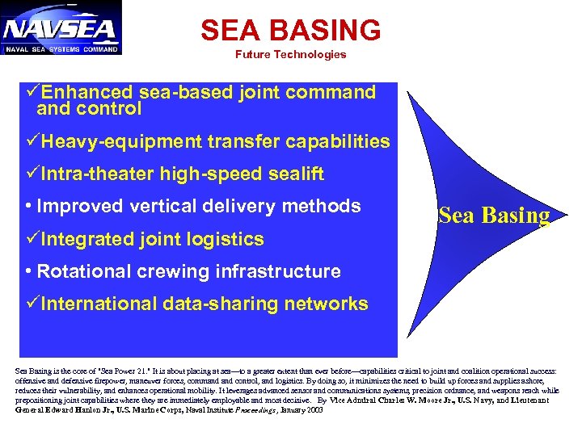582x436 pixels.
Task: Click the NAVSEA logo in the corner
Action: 61,27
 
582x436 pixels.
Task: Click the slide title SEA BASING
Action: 290,31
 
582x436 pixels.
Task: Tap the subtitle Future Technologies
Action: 290,55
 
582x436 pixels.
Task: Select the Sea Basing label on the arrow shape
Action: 494,216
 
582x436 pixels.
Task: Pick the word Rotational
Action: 82,271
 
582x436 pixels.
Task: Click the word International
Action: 101,304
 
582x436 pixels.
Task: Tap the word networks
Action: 330,304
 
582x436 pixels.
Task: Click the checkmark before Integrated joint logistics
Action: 32,239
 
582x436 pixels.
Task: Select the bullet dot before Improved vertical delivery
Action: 28,207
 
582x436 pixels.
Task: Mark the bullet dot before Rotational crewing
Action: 28,272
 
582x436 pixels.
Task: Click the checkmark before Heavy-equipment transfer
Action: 32,142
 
